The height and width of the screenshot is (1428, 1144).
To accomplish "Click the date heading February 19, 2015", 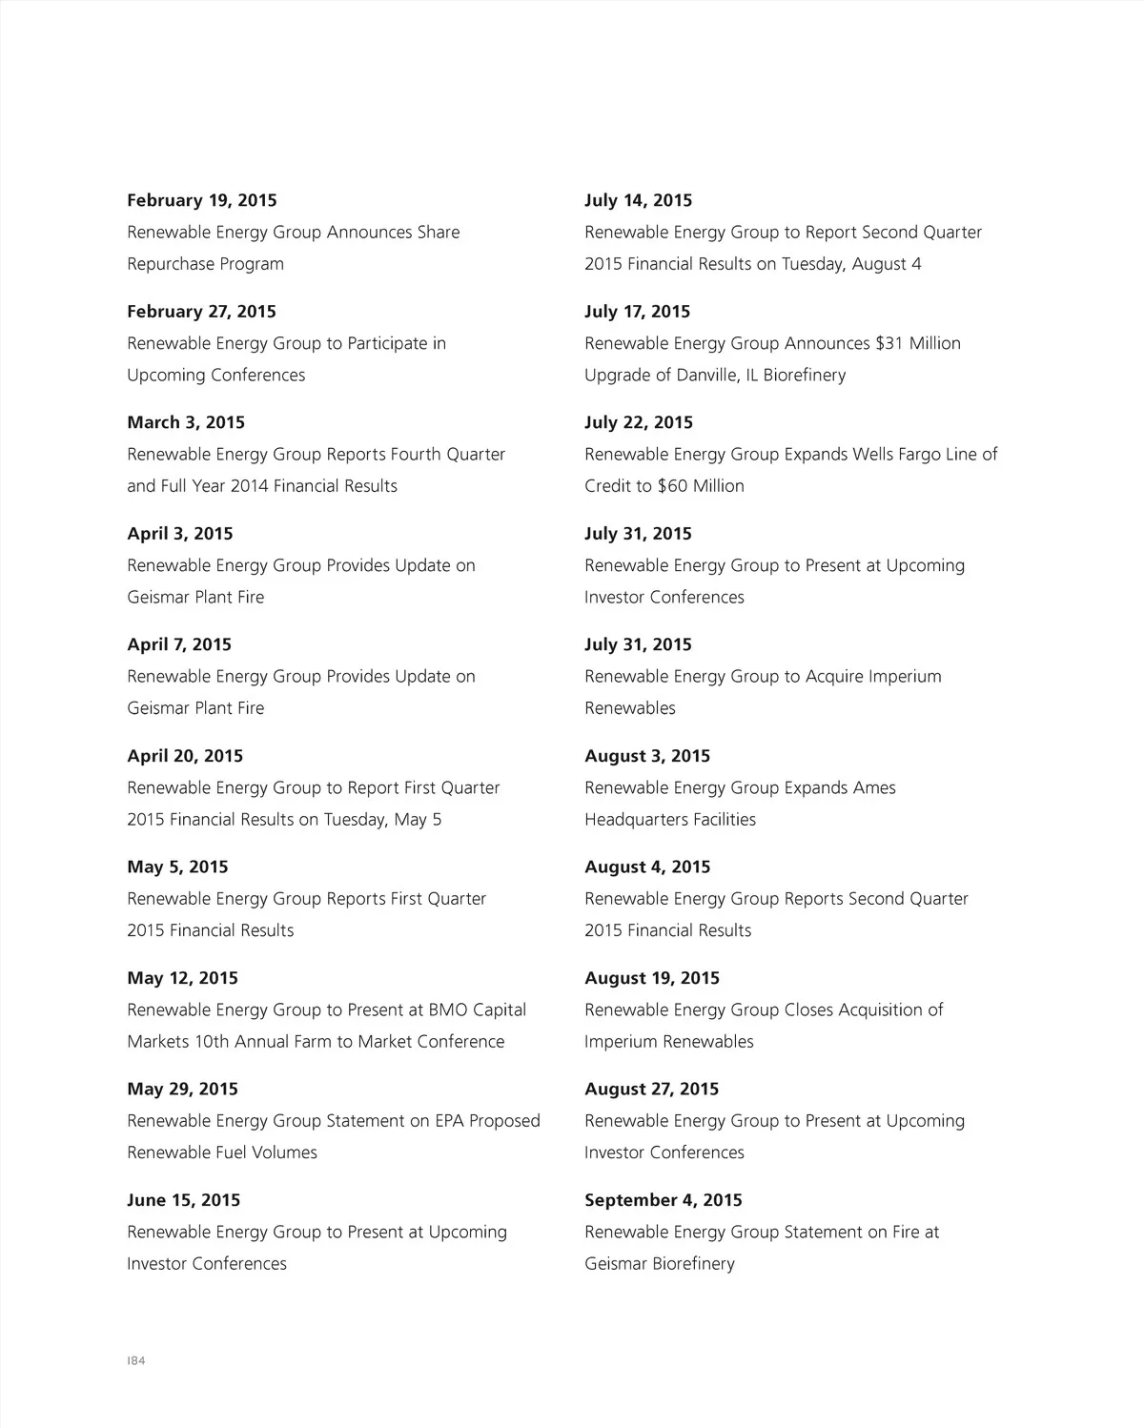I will click(x=202, y=200).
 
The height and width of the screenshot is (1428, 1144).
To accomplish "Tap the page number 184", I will click(x=135, y=1360).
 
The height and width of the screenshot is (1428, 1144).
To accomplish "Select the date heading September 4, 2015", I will click(x=663, y=1200).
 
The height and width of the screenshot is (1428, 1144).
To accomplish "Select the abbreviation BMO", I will click(x=448, y=1010).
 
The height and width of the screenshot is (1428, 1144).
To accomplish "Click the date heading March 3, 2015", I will click(x=186, y=422).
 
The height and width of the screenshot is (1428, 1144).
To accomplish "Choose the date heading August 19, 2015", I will click(x=652, y=978).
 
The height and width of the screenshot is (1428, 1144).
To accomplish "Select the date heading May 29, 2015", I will click(x=183, y=1089).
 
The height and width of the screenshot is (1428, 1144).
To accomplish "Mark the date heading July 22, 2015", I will click(x=639, y=422).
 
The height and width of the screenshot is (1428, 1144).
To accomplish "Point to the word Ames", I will click(x=874, y=788).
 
